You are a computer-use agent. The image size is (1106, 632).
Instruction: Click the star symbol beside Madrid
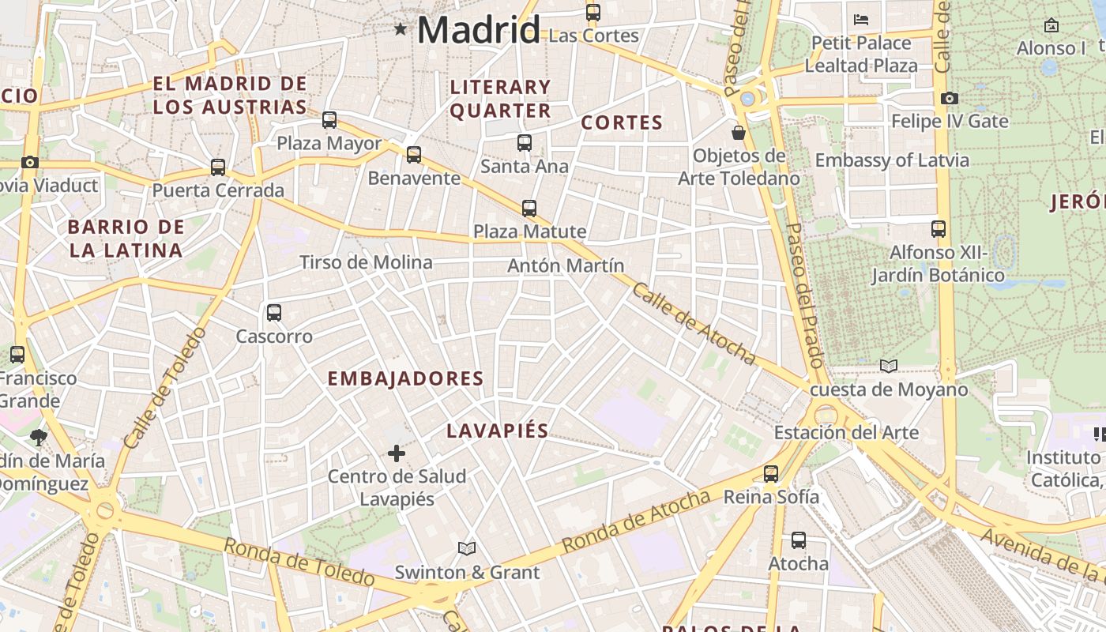[x=401, y=30]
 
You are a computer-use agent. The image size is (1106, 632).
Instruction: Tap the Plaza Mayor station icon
[x=329, y=120]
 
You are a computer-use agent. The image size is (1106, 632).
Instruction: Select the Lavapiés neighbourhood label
[x=497, y=431]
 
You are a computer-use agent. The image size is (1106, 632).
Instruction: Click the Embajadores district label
[x=405, y=378]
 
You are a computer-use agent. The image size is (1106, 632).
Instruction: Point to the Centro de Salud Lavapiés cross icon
[x=397, y=453]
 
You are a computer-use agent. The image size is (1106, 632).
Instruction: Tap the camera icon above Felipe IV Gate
[x=950, y=99]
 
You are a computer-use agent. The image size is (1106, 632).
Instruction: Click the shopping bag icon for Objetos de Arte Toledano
[x=739, y=133]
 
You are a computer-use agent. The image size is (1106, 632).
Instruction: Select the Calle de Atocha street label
[x=693, y=324]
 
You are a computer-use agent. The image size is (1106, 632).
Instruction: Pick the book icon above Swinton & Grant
[x=467, y=548]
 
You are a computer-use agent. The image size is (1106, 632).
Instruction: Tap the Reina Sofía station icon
[x=771, y=474]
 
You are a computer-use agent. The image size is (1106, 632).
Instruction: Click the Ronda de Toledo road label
[x=299, y=562]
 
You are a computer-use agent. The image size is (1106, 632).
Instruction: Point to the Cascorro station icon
[x=274, y=313]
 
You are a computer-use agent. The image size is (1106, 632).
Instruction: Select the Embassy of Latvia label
[x=892, y=160]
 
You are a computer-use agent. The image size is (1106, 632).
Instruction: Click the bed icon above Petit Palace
[x=861, y=20]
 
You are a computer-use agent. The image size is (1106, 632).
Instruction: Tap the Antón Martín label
[x=566, y=266]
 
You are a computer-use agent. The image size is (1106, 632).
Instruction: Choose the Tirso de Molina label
[x=366, y=262]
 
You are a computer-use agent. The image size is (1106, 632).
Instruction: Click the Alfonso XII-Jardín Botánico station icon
[x=939, y=229]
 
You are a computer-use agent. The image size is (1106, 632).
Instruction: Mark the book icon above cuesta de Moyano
[x=889, y=366]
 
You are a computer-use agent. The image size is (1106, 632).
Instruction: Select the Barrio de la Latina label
[x=126, y=239]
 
